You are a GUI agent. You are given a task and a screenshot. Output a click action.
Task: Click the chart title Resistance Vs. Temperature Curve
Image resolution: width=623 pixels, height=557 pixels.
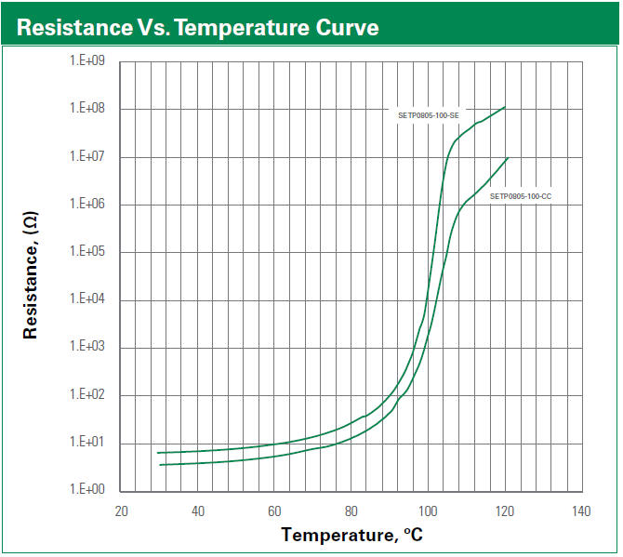point(197,27)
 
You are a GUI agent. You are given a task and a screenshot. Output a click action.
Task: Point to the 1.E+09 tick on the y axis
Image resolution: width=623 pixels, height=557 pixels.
point(86,61)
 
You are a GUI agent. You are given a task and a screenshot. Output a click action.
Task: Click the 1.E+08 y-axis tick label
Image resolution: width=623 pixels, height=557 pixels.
point(86,109)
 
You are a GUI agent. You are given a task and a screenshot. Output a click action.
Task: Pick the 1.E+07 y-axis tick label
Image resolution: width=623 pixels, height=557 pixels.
point(86,156)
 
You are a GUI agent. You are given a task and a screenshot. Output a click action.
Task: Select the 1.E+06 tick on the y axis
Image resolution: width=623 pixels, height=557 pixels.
point(86,205)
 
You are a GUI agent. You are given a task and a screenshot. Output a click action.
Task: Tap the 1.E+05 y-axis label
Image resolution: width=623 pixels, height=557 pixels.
point(86,252)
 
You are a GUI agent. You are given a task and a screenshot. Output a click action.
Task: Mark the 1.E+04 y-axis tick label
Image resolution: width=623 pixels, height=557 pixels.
point(86,299)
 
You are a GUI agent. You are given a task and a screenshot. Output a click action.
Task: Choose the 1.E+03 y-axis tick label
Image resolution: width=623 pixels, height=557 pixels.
point(86,348)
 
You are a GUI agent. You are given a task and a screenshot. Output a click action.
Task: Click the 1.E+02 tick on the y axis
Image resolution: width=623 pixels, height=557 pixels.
point(86,395)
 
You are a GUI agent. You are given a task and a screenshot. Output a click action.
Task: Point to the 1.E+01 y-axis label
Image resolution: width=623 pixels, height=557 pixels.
point(86,443)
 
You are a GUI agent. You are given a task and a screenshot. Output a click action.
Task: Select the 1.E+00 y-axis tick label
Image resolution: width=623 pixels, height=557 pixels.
point(86,490)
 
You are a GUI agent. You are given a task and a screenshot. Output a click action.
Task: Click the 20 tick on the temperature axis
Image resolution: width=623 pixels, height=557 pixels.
point(121,511)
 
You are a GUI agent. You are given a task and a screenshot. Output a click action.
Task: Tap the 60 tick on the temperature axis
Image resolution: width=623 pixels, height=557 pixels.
point(274,511)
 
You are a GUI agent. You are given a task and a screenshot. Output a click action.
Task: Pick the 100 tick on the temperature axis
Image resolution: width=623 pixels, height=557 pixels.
point(428,511)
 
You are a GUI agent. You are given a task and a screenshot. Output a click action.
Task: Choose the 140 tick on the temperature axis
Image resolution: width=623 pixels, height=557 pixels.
point(582,511)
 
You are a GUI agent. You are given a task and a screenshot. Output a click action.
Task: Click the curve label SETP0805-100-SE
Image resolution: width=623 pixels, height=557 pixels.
point(424,114)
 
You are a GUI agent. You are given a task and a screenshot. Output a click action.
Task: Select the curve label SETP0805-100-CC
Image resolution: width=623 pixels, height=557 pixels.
point(521,196)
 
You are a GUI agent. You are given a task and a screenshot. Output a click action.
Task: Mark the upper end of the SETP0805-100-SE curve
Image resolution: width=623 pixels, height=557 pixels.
point(505,107)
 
